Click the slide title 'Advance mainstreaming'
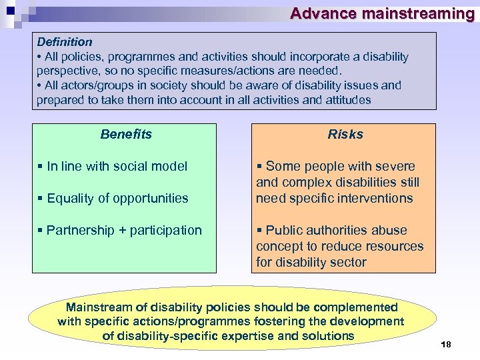click(382, 13)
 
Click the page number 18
click(446, 344)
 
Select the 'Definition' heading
click(65, 42)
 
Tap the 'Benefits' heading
click(126, 134)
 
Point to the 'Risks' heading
click(345, 134)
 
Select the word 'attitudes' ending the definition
click(347, 100)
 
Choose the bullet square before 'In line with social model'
click(41, 167)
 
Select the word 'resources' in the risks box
click(393, 246)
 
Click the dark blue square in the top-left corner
click(10, 9)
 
